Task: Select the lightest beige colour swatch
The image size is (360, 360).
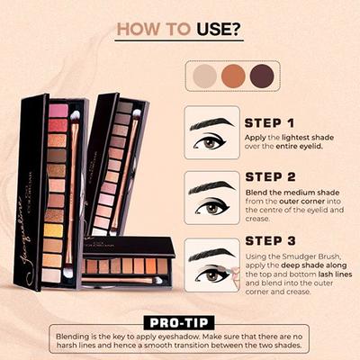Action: tap(205, 75)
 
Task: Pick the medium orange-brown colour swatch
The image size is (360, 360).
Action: tap(234, 75)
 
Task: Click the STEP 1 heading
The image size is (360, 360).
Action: tap(270, 123)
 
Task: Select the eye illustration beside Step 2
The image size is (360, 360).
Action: tap(211, 197)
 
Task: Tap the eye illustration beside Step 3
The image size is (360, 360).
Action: tap(211, 264)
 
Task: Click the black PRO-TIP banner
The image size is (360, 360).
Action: tap(179, 322)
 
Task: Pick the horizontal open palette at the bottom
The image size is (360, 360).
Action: tap(126, 266)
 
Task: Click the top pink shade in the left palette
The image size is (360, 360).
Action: tap(58, 111)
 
